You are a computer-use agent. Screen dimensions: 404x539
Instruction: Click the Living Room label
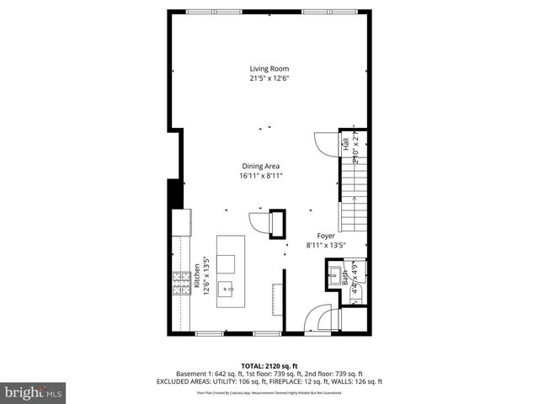click(x=269, y=69)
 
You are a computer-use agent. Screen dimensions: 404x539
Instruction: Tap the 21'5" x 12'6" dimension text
click(x=269, y=79)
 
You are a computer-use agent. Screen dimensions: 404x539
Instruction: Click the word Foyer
click(x=326, y=237)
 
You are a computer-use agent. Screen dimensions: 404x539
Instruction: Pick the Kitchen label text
click(x=195, y=277)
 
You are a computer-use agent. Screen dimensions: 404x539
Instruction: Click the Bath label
click(x=345, y=280)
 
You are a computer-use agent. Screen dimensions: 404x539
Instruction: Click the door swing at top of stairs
click(x=325, y=143)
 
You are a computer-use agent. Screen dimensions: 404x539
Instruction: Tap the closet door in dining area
click(x=258, y=222)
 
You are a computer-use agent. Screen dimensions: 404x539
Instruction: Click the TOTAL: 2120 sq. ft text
click(x=269, y=366)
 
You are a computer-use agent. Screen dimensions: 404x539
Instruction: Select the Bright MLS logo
click(x=34, y=392)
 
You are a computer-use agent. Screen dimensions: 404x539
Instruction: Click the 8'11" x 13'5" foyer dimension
click(x=326, y=247)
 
